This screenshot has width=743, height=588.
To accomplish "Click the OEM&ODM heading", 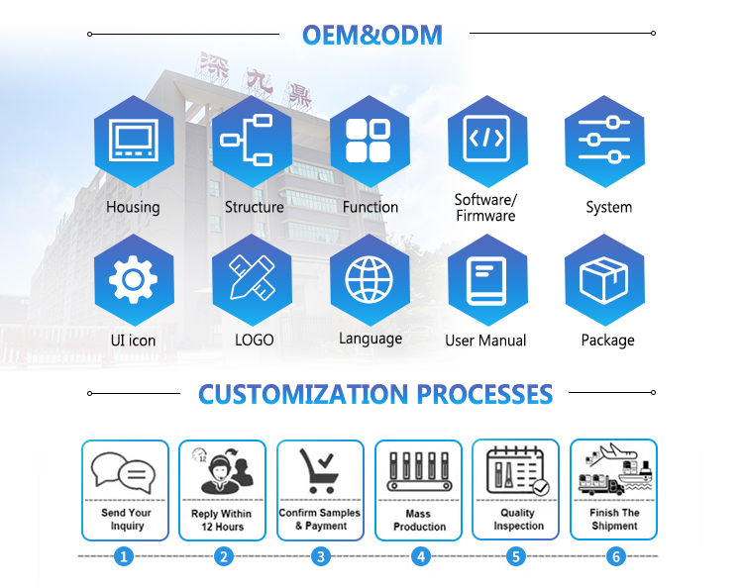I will coord(371,35).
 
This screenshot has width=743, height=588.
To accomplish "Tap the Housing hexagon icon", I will coord(133,141).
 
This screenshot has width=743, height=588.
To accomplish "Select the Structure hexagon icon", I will coord(251,141).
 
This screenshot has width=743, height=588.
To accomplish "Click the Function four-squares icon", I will coord(370,141).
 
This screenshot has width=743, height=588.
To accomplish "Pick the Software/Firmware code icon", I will coord(486,141).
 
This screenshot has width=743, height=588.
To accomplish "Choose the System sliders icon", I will coord(604,141).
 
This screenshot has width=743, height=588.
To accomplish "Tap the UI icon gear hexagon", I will coord(133,278).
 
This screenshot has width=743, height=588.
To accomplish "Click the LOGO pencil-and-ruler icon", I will coord(251,278).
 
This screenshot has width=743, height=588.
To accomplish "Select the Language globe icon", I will coord(370,278).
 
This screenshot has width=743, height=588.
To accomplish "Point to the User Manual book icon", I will coord(486,278).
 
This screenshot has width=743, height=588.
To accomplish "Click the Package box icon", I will coord(604,278).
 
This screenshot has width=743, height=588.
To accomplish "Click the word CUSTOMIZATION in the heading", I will coord(301,394).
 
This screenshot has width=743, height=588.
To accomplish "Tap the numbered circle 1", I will coord(124,556).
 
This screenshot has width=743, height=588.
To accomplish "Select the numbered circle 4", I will coord(421,556).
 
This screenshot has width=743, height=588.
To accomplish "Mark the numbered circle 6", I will coord(616,556).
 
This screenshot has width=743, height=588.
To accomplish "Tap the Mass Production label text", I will coord(419,521).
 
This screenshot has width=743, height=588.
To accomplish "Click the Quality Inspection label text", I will coord(517,520).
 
